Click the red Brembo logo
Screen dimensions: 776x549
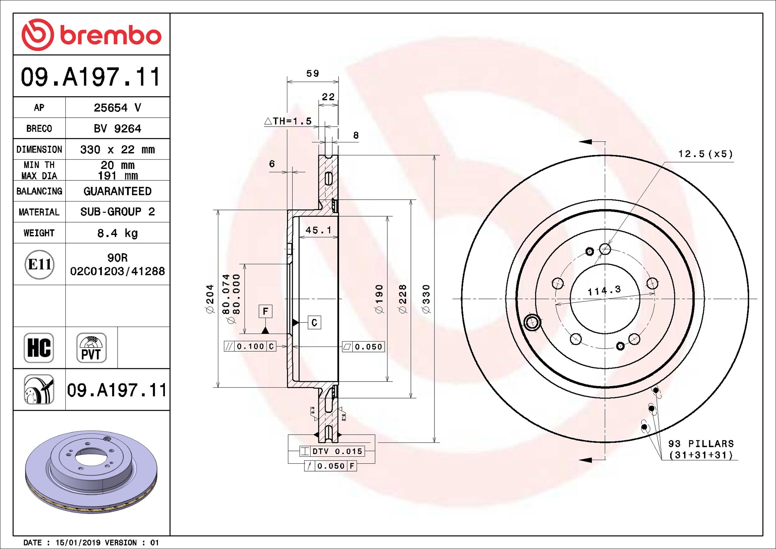point(91,35)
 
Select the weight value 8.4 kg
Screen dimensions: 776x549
point(117,233)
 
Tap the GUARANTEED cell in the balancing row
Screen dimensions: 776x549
point(117,191)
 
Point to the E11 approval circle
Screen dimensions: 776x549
point(39,264)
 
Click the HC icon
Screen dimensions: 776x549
point(39,348)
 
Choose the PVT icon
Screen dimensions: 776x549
point(91,348)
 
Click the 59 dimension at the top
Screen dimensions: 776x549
point(313,73)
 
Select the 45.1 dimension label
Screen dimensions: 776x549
point(319,230)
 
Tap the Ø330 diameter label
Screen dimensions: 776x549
point(426,299)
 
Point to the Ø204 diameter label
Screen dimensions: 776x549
point(209,299)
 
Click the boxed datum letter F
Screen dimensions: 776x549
point(266,311)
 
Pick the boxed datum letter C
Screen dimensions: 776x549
point(314,322)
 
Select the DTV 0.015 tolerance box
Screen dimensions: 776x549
point(332,451)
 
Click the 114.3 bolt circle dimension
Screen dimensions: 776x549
point(604,291)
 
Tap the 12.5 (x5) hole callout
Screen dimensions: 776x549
point(706,154)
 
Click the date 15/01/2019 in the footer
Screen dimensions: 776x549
point(78,542)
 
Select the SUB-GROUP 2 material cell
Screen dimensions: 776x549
point(117,212)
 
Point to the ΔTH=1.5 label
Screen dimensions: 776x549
point(288,121)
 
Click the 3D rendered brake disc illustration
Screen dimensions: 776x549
point(91,472)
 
